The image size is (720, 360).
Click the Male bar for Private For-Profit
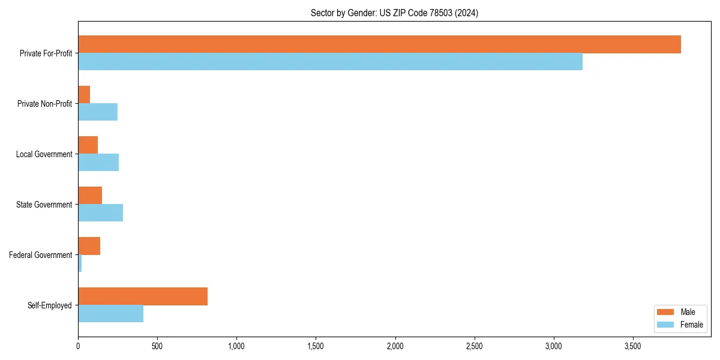[x=379, y=44]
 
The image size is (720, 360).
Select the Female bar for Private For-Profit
[x=330, y=62]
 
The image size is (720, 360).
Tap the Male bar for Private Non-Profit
[x=84, y=95]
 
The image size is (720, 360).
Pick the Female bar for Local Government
[x=98, y=163]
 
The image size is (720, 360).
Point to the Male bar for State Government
[x=90, y=196]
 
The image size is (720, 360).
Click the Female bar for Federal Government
[x=80, y=263]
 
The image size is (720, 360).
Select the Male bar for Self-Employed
[x=143, y=296]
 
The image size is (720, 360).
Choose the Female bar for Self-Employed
[x=110, y=314]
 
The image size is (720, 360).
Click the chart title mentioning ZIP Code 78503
[x=394, y=13]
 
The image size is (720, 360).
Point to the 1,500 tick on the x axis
[x=316, y=346]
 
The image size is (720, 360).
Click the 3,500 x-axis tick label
[x=633, y=346]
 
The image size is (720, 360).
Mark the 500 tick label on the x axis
[x=157, y=346]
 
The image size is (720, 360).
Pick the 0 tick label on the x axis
[x=78, y=346]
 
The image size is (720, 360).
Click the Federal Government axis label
[x=41, y=255]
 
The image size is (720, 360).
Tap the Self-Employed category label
[x=50, y=305]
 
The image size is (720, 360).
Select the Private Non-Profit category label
[x=44, y=104]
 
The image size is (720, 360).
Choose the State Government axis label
[x=44, y=205]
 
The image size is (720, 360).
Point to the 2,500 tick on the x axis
[x=474, y=346]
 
